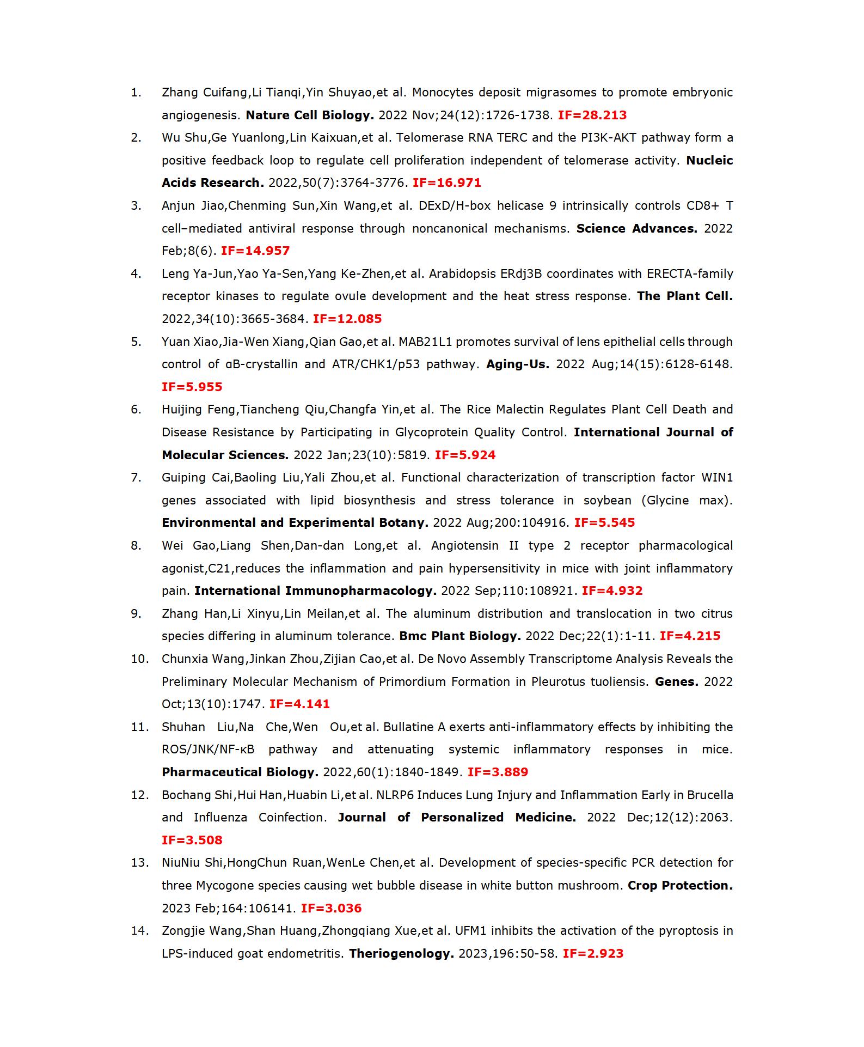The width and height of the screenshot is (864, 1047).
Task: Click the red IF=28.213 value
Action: point(592,115)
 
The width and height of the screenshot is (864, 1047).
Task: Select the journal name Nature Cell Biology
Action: point(310,115)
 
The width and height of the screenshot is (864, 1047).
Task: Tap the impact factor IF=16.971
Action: point(446,183)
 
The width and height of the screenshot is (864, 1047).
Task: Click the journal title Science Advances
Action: point(636,228)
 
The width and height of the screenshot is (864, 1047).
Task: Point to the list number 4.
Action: point(136,273)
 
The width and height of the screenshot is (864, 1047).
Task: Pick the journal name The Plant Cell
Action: point(684,296)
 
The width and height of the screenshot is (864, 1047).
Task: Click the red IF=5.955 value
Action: point(192,387)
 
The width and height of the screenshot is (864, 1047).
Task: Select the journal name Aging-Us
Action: point(517,364)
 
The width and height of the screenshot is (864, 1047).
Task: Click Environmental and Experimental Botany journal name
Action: point(295,522)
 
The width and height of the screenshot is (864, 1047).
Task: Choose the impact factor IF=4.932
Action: point(612,591)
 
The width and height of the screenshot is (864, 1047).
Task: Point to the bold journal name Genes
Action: point(676,681)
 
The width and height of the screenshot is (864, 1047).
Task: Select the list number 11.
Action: point(139,727)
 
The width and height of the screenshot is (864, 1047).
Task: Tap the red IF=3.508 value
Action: point(192,840)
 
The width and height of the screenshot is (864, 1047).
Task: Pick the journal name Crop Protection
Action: point(680,885)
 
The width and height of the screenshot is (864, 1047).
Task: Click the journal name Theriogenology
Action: point(401,953)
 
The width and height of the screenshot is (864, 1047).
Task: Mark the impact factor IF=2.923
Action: point(593,953)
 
